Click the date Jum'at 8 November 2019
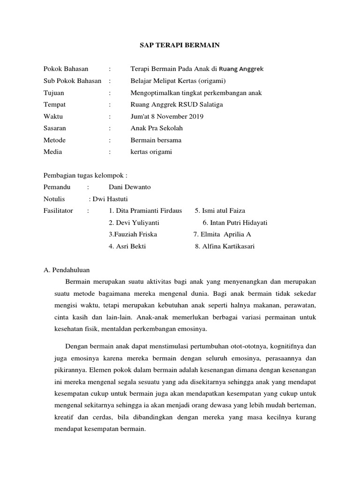pos(167,116)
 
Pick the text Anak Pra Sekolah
pos(157,128)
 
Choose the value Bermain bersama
pos(156,140)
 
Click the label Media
pos(52,152)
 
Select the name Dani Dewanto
pos(130,187)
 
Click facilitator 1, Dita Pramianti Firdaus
pos(145,210)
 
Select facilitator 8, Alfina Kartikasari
pos(225,247)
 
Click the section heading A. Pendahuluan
pos(66,270)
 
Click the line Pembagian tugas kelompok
pos(85,175)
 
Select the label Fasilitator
pos(58,210)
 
